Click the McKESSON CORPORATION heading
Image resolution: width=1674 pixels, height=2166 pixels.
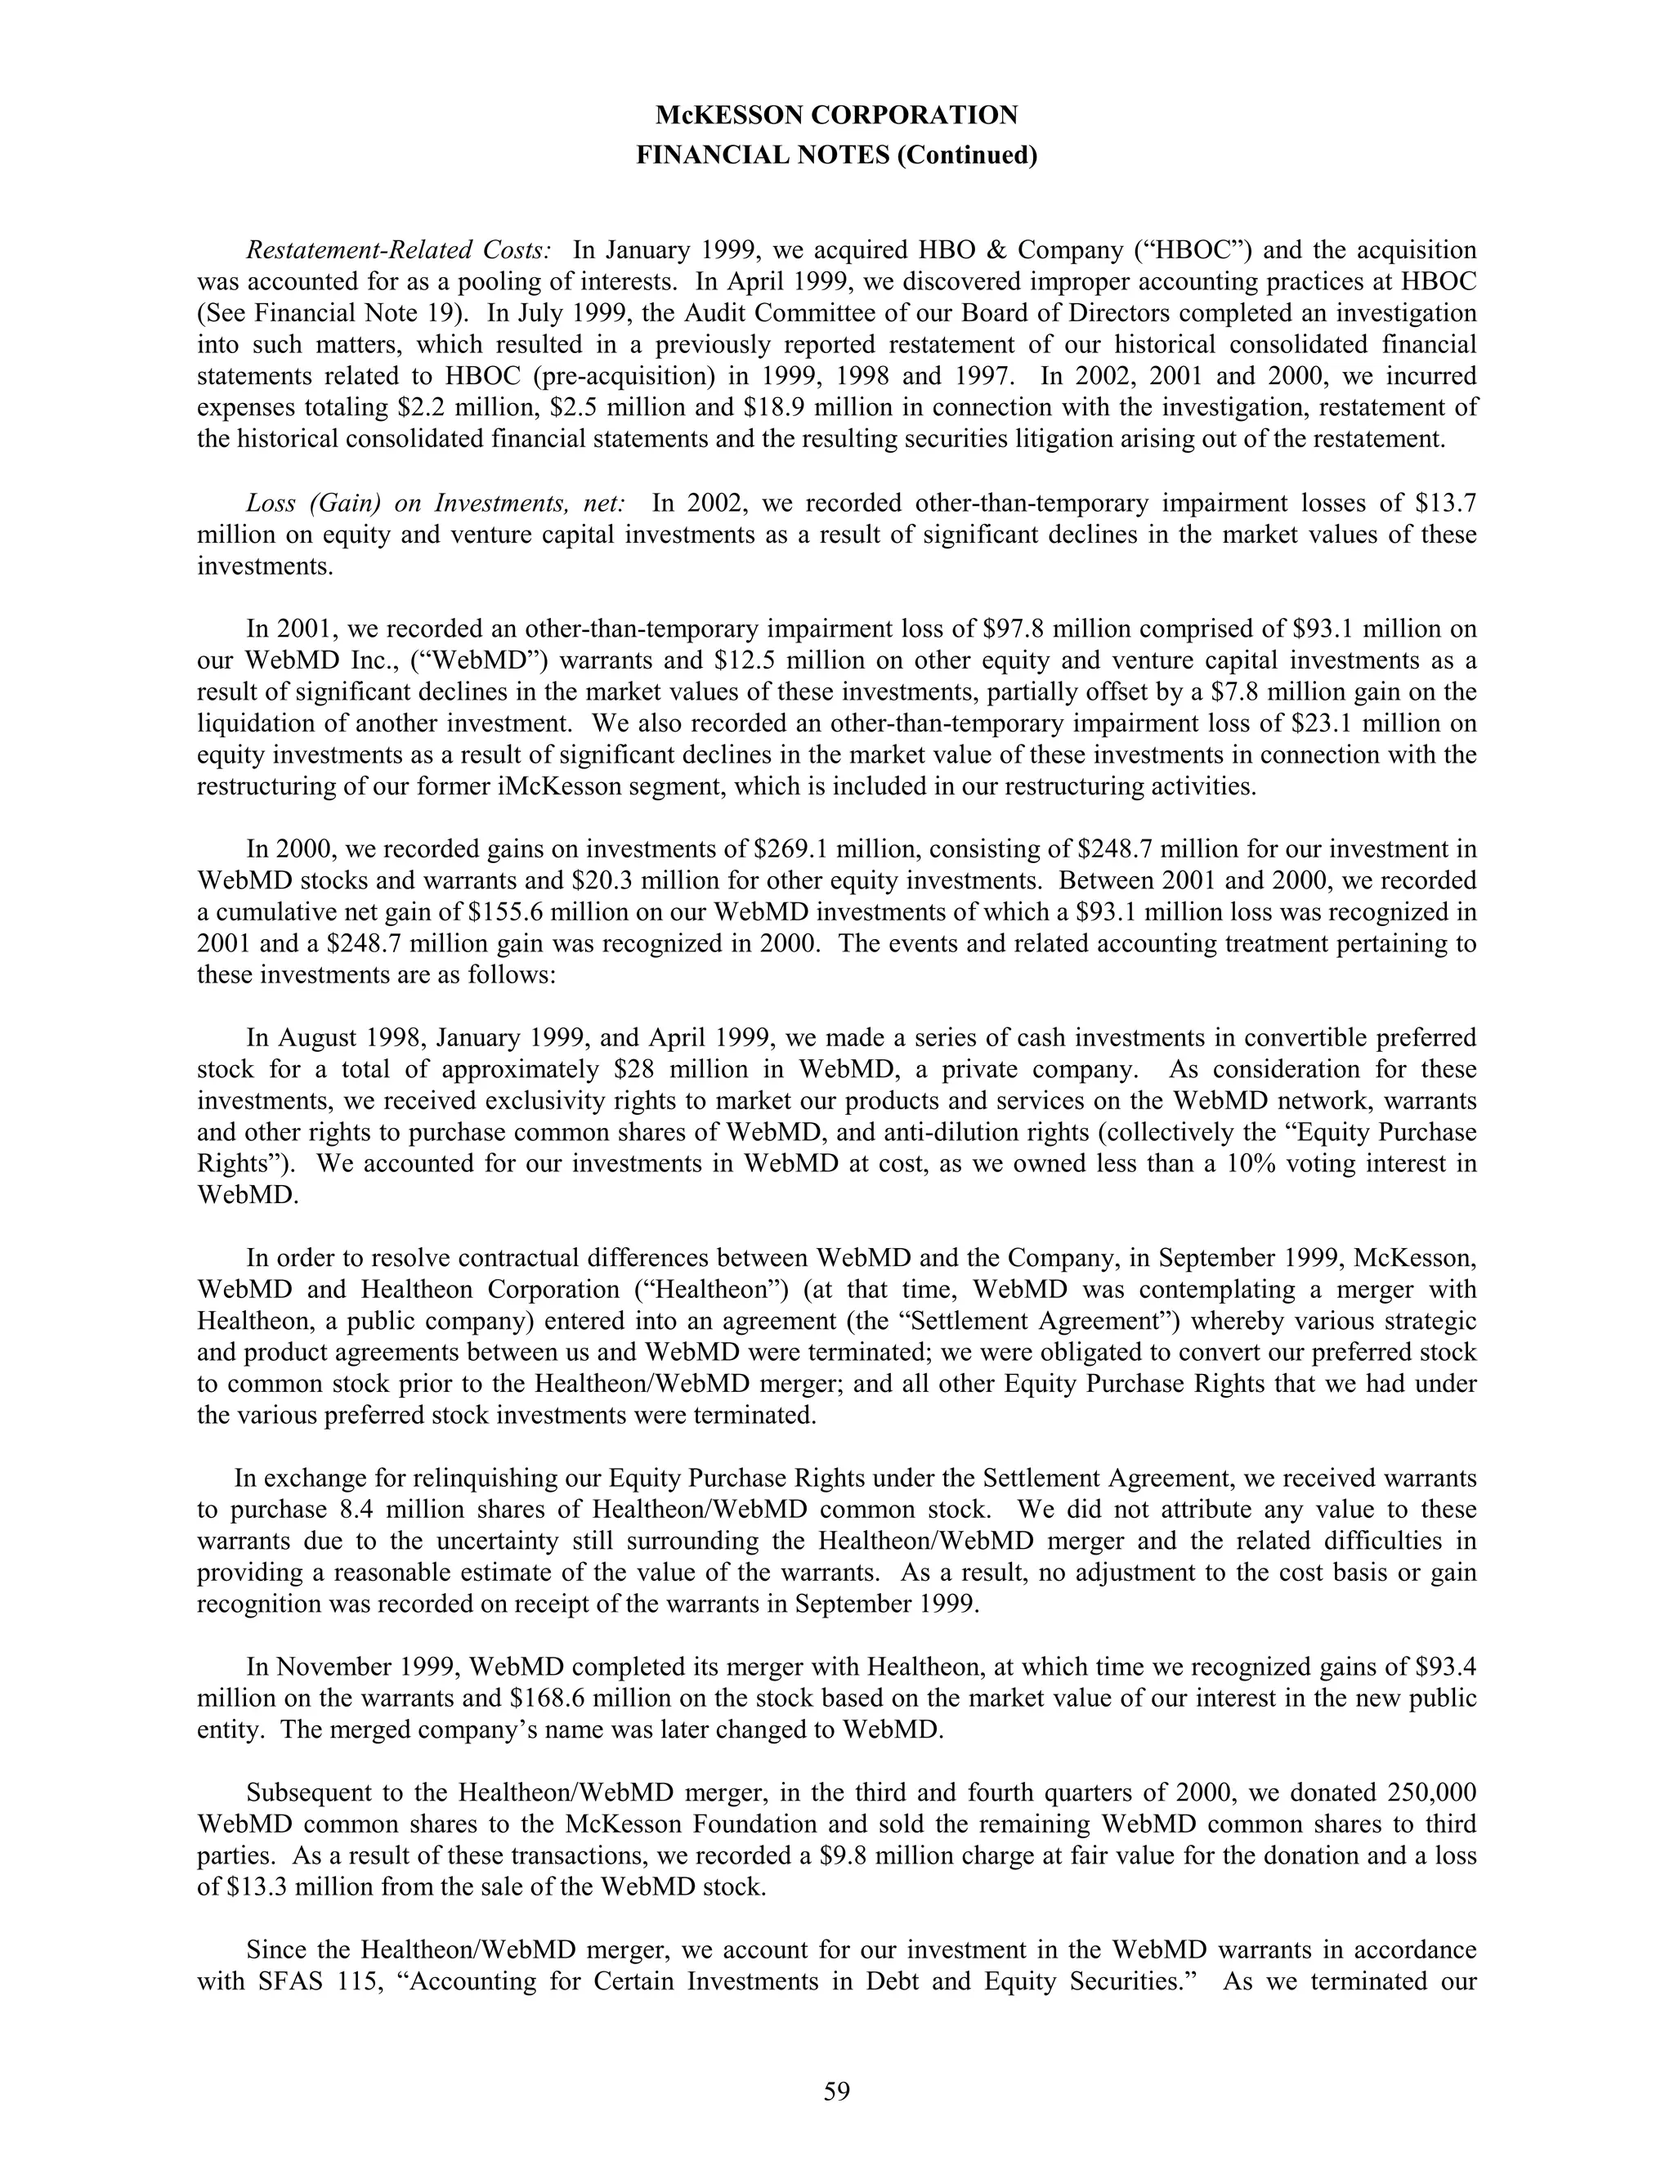click(x=836, y=116)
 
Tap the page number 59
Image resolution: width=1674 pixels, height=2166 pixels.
click(x=836, y=2092)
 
